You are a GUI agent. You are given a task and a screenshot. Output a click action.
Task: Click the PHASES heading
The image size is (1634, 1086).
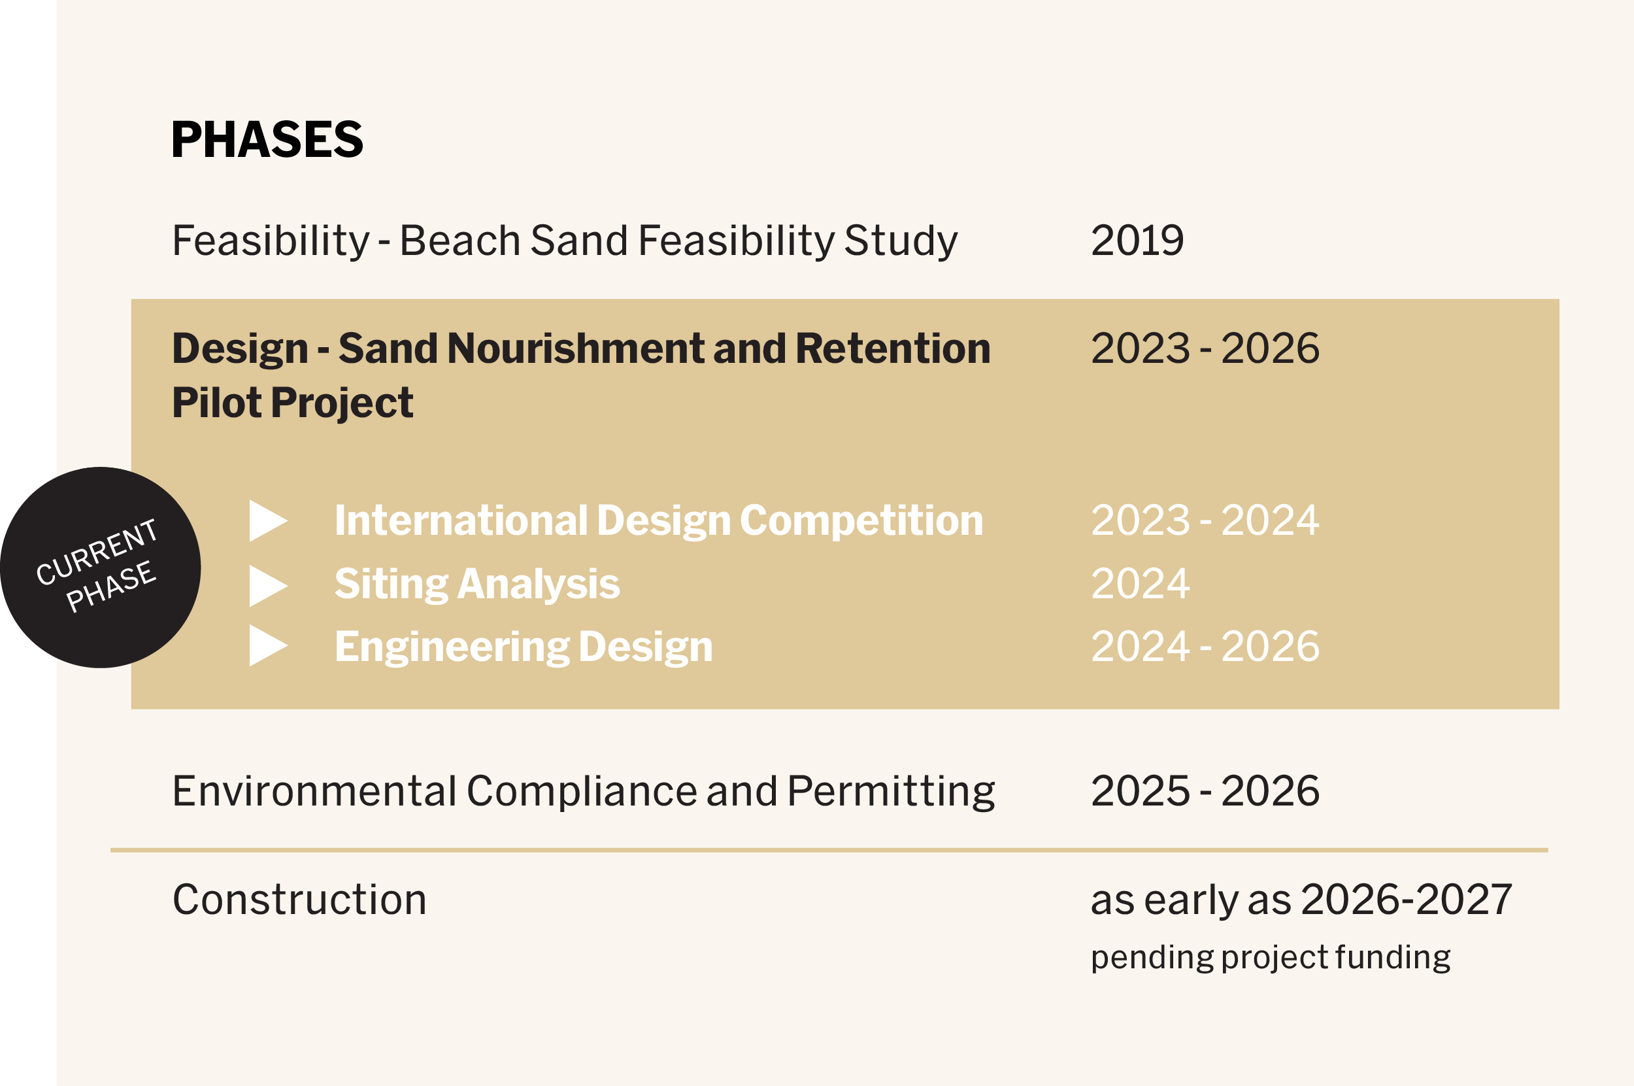pyautogui.click(x=267, y=139)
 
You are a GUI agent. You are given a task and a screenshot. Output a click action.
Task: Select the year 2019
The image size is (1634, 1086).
pyautogui.click(x=1136, y=241)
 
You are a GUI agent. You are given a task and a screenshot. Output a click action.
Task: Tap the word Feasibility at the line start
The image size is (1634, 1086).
pyautogui.click(x=270, y=241)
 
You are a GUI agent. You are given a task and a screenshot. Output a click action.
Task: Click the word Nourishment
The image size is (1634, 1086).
pyautogui.click(x=576, y=348)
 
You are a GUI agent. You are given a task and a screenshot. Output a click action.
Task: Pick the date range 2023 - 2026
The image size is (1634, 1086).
pyautogui.click(x=1205, y=348)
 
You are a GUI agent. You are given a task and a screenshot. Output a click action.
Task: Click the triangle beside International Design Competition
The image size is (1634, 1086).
pyautogui.click(x=267, y=520)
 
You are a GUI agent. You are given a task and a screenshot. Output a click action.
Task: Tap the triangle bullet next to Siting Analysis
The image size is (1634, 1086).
pyautogui.click(x=267, y=585)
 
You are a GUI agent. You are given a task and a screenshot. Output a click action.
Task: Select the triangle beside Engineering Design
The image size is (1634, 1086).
pyautogui.click(x=267, y=645)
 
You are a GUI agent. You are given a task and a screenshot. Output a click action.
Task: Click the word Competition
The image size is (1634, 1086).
pyautogui.click(x=861, y=520)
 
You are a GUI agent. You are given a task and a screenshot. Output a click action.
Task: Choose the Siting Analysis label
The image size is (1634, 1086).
pyautogui.click(x=476, y=584)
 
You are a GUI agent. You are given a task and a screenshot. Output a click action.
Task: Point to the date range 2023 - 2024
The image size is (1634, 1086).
pyautogui.click(x=1205, y=520)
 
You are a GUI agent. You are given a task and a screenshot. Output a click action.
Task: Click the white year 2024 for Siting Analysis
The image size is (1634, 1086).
pyautogui.click(x=1140, y=584)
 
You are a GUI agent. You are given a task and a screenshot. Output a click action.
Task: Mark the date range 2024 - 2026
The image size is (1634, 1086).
pyautogui.click(x=1205, y=646)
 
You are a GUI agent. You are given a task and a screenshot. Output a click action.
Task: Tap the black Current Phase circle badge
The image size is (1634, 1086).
pyautogui.click(x=101, y=568)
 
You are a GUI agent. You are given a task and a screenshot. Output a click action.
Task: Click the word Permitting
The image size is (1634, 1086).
pyautogui.click(x=890, y=791)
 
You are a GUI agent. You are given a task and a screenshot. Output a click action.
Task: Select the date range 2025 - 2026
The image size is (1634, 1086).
pyautogui.click(x=1205, y=791)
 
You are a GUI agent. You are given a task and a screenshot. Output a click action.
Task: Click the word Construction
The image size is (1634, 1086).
pyautogui.click(x=299, y=900)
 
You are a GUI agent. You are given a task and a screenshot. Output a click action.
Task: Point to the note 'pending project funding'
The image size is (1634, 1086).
pyautogui.click(x=1270, y=957)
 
